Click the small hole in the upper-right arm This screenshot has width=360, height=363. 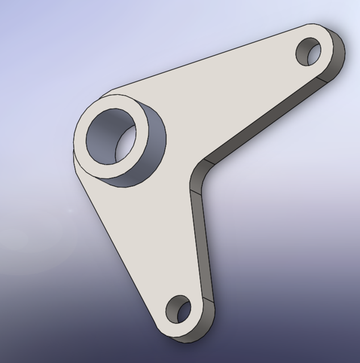coord(309,52)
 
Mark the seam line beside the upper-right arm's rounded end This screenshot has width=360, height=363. coord(324,82)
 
